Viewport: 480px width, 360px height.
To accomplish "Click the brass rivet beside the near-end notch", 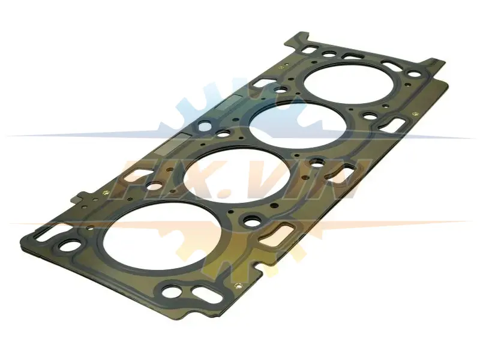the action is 238,286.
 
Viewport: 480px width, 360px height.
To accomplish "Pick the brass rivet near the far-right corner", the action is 415,114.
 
